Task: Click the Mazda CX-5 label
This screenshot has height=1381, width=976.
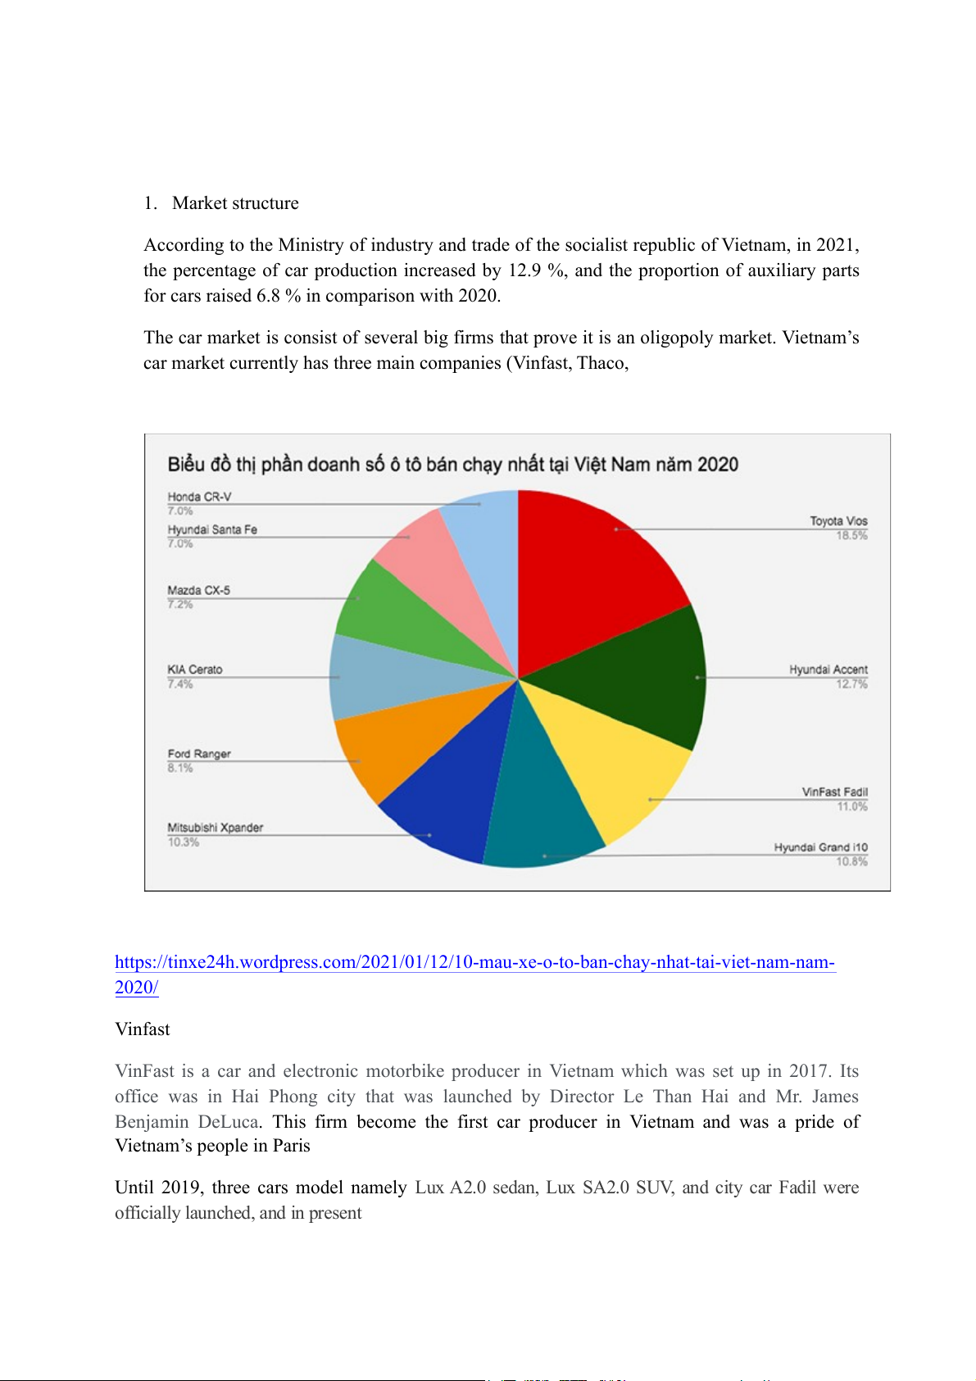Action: (x=198, y=590)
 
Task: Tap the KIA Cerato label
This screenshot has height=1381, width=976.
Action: (x=195, y=670)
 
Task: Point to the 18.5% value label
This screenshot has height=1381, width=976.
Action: (x=851, y=536)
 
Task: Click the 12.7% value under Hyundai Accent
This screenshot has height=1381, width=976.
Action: (x=851, y=684)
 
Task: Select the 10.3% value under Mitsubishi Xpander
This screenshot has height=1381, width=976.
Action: (x=184, y=843)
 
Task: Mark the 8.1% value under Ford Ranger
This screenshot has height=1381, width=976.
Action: (x=180, y=769)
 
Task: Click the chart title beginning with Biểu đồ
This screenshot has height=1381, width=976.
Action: (x=452, y=465)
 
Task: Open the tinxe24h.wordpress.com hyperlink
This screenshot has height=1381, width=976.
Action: (x=474, y=963)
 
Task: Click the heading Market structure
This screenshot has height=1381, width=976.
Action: (x=235, y=203)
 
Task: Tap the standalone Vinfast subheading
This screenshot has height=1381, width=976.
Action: (x=143, y=1029)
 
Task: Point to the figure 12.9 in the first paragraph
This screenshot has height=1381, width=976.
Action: (x=524, y=270)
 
